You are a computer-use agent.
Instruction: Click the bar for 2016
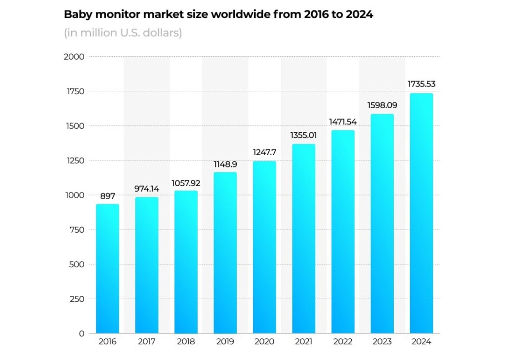coord(107,269)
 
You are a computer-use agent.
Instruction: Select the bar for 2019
coord(225,253)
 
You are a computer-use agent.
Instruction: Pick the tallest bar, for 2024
coord(422,213)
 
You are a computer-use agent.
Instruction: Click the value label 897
coord(107,197)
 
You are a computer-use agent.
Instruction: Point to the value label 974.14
coord(146,189)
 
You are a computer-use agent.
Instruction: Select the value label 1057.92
coord(186,183)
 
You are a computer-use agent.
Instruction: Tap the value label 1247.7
coord(264,153)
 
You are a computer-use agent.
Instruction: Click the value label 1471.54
coord(343,121)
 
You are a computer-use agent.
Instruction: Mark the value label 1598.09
coord(382,105)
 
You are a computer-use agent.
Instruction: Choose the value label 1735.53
coord(422,84)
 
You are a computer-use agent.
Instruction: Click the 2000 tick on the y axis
coord(74,57)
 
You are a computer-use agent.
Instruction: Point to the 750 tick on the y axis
coord(76,230)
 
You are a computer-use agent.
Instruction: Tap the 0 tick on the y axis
coord(82,333)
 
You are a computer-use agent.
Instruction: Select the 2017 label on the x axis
coord(146,342)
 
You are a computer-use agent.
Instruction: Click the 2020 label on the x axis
coord(264,342)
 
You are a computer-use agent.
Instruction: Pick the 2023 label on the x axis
coord(382,342)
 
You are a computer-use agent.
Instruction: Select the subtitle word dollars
coord(165,34)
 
